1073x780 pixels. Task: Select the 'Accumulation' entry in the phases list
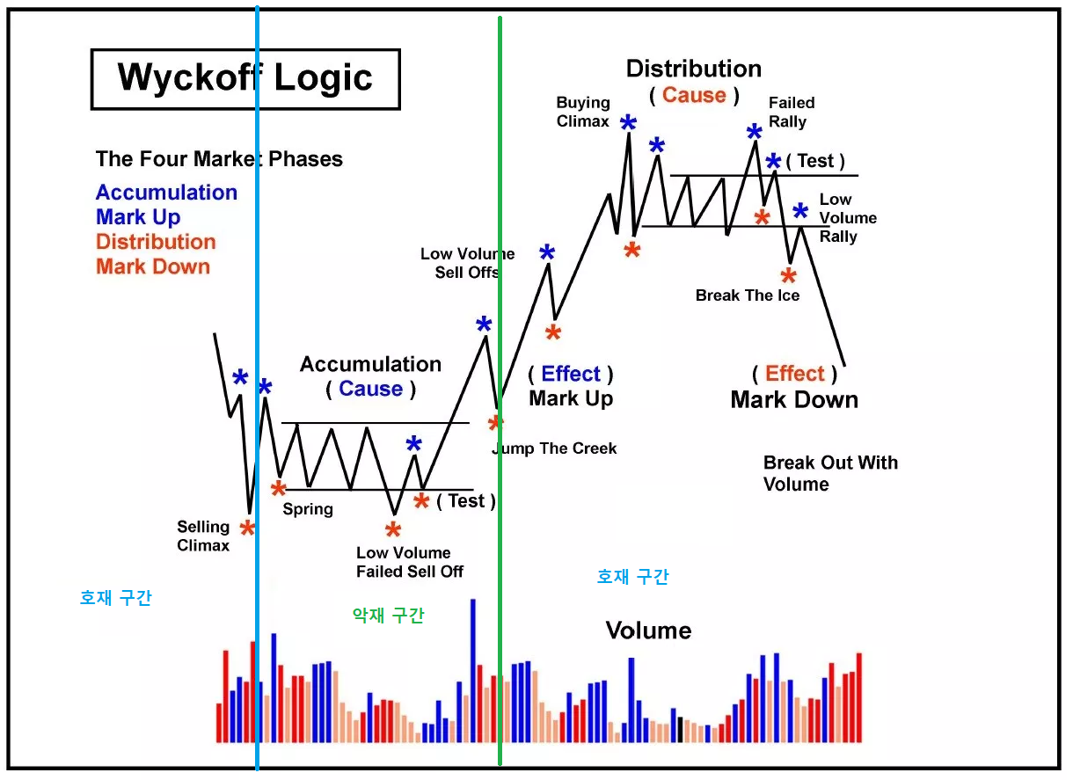167,193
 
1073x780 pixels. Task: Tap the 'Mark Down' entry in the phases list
153,266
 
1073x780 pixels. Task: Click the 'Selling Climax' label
203,536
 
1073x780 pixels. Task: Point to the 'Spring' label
308,509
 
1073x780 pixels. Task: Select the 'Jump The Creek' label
555,448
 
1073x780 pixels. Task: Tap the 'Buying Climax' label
583,112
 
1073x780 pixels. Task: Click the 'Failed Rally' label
792,112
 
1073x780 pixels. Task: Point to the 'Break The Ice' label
748,295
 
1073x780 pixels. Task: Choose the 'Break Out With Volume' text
831,474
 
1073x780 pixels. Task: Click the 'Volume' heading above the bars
649,631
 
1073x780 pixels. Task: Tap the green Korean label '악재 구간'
388,616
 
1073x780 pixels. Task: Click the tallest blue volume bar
473,671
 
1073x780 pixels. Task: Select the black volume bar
680,730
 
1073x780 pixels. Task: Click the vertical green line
500,390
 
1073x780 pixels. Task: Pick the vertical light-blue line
258,388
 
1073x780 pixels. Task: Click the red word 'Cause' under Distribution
695,95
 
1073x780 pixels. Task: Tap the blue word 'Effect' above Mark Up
571,374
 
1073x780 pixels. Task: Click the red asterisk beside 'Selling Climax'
248,529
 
